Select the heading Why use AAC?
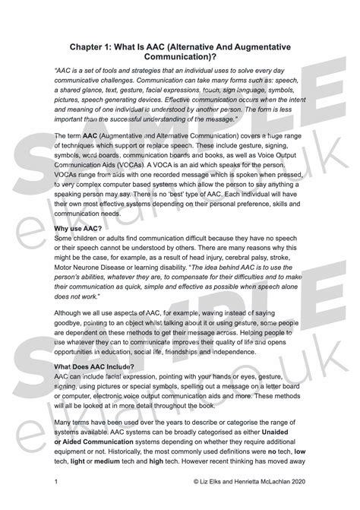(x=80, y=227)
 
